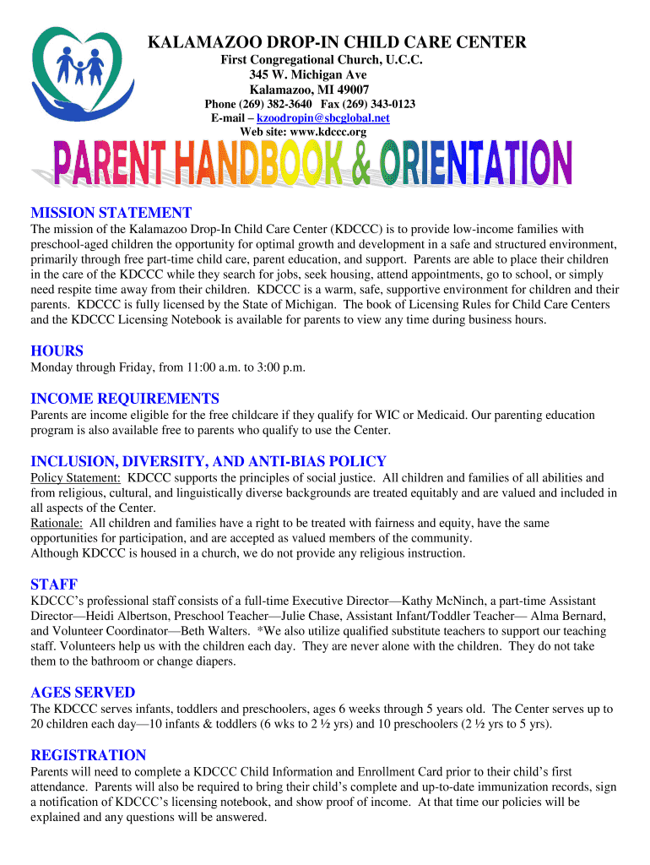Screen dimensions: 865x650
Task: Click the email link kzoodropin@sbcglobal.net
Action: coord(335,118)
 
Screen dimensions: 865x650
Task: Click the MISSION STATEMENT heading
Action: coord(111,213)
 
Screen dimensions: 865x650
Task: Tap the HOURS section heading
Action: coord(57,351)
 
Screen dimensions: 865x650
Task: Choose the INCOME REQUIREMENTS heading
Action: coord(124,399)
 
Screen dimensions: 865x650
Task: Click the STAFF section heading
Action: coord(54,585)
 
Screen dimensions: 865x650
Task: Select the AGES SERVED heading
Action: coord(83,693)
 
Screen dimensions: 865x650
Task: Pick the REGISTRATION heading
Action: coord(89,755)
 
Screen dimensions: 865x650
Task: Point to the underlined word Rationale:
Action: coord(57,523)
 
